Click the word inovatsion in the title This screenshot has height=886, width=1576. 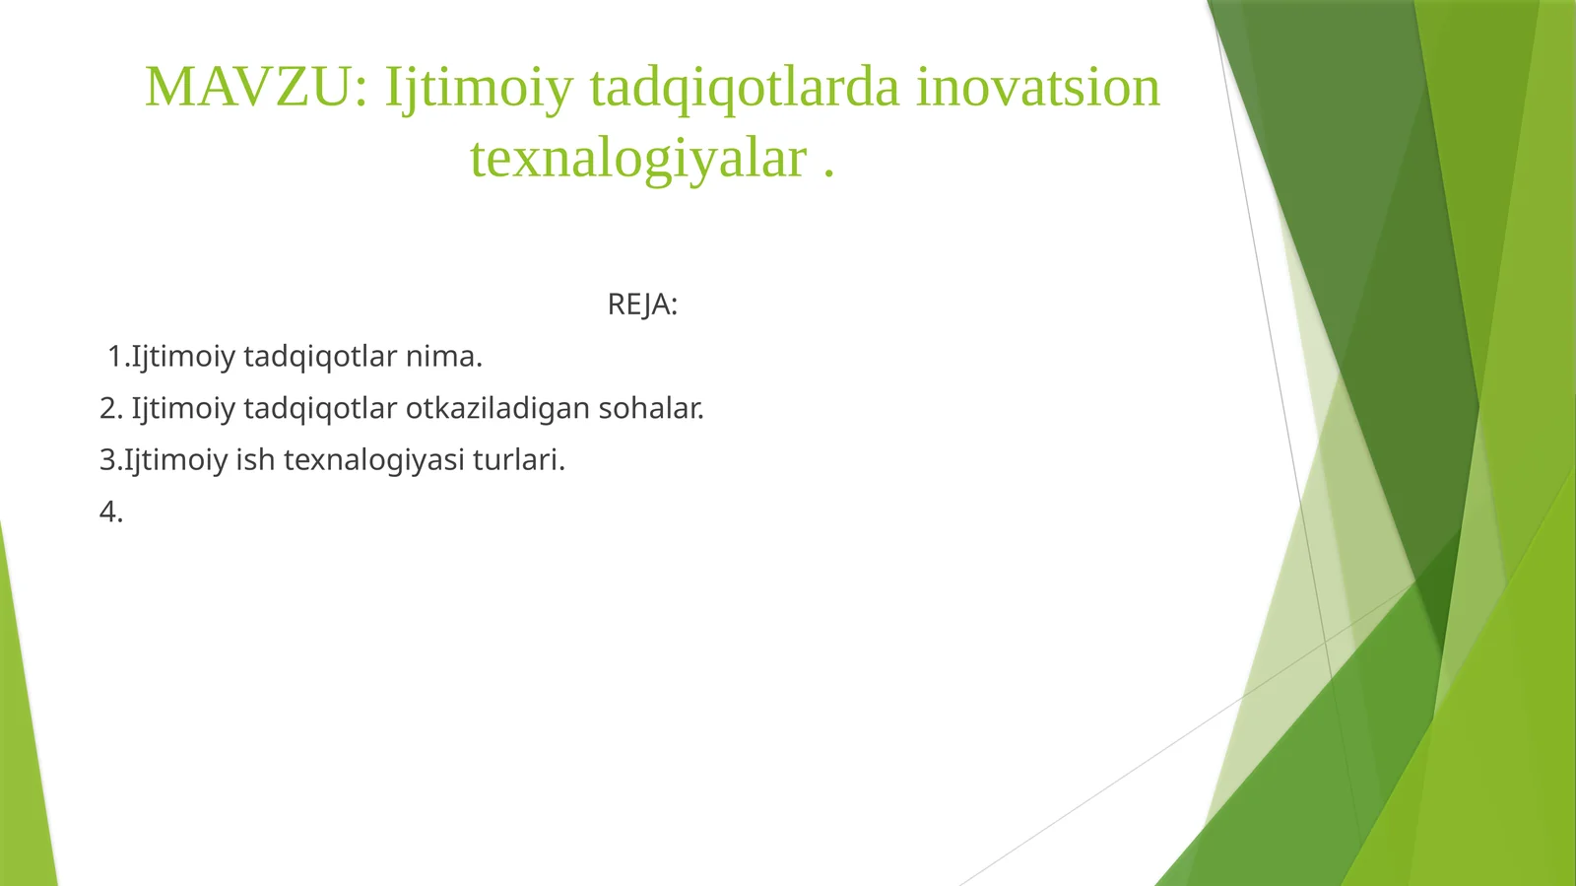pos(1038,87)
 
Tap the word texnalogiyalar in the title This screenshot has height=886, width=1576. pos(638,158)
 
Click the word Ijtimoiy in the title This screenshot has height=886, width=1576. pos(479,87)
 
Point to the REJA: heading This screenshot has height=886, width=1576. pos(642,305)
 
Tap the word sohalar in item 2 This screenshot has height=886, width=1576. pos(650,408)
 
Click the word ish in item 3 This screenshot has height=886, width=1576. pos(254,460)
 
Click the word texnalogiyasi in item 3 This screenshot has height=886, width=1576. pos(373,460)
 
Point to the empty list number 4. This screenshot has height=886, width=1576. pos(111,512)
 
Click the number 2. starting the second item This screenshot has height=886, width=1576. pos(111,408)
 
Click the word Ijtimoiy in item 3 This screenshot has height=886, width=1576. pos(175,460)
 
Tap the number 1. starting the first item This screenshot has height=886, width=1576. pos(118,356)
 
